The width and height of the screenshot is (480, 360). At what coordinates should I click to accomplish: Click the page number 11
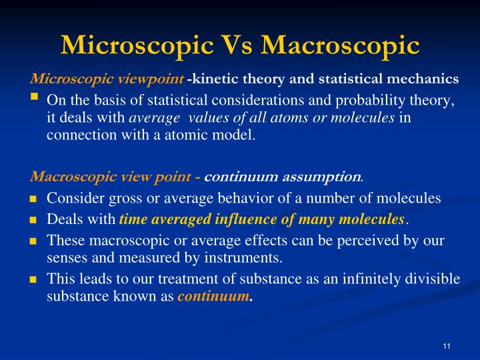[x=447, y=345]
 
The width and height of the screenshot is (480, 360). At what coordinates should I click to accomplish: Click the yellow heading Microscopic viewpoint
[x=107, y=79]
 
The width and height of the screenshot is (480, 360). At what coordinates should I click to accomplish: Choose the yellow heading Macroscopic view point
[x=111, y=177]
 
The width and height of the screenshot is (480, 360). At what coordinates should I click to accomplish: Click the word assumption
[x=326, y=177]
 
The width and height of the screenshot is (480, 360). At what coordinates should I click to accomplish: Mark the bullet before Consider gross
[x=33, y=199]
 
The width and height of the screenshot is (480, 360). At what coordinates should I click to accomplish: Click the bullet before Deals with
[x=33, y=220]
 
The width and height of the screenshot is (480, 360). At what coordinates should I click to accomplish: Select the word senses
[x=67, y=257]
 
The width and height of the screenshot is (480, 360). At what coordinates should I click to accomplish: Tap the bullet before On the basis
[x=34, y=98]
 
